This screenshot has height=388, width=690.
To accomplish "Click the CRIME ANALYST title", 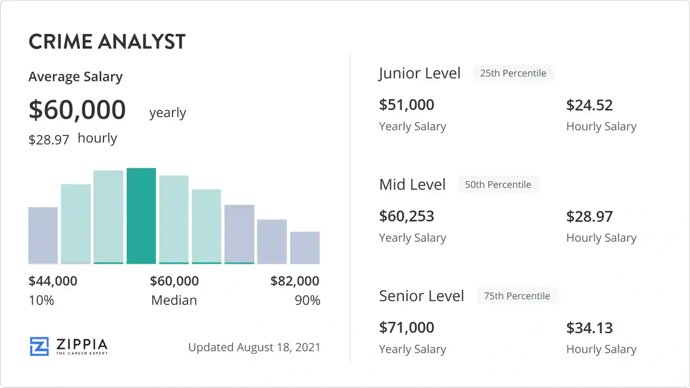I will pyautogui.click(x=107, y=42).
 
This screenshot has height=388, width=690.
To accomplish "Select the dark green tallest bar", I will pyautogui.click(x=141, y=216).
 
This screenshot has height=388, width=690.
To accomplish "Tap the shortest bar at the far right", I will pyautogui.click(x=305, y=247).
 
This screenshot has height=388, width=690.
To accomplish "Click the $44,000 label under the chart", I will pyautogui.click(x=53, y=281).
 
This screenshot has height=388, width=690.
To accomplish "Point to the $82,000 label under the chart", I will pyautogui.click(x=295, y=281).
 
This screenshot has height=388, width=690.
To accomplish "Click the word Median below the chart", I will pyautogui.click(x=174, y=300).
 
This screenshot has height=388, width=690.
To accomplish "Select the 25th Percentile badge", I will pyautogui.click(x=513, y=73).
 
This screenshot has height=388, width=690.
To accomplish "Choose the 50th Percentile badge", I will pyautogui.click(x=498, y=185).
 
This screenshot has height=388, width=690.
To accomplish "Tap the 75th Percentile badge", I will pyautogui.click(x=517, y=296).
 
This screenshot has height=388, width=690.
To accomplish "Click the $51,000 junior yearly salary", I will pyautogui.click(x=407, y=105).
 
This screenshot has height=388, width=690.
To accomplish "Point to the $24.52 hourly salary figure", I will pyautogui.click(x=589, y=105).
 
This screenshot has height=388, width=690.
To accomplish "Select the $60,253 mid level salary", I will pyautogui.click(x=407, y=216).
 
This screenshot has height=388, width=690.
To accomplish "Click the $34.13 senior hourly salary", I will pyautogui.click(x=589, y=328).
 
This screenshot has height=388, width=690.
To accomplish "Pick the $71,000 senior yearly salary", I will pyautogui.click(x=407, y=327).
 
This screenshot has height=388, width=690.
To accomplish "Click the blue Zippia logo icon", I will pyautogui.click(x=39, y=346).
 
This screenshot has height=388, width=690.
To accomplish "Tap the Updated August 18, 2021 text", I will pyautogui.click(x=254, y=347).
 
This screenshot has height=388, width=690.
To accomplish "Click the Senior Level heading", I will pyautogui.click(x=421, y=296).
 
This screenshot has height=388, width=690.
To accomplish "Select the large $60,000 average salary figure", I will pyautogui.click(x=77, y=110).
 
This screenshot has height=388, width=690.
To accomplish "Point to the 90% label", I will pyautogui.click(x=307, y=300).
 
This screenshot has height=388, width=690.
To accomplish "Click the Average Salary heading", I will pyautogui.click(x=76, y=77).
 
